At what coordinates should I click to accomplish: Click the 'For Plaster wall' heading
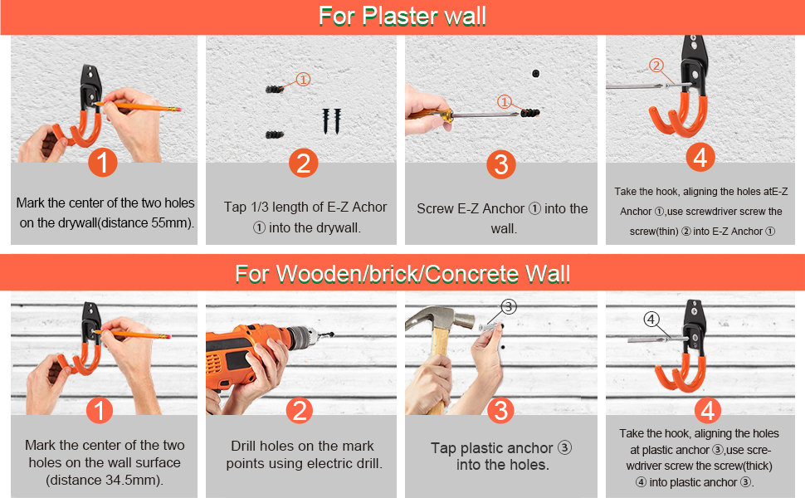402,16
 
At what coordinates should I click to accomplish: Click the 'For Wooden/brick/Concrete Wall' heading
402,274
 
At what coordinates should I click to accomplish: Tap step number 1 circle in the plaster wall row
103,163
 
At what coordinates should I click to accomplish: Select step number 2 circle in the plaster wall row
304,164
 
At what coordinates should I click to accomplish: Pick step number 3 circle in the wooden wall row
500,410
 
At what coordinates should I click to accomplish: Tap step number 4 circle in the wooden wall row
707,411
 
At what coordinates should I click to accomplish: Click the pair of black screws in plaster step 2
332,121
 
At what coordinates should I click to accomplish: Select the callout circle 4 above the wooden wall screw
651,320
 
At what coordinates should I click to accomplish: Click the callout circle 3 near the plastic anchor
508,307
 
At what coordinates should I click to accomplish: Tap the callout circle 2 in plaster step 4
656,66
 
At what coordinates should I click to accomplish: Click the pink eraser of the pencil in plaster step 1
176,110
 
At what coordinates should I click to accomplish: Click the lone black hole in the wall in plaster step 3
536,73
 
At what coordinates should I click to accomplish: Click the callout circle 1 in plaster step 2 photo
304,80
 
